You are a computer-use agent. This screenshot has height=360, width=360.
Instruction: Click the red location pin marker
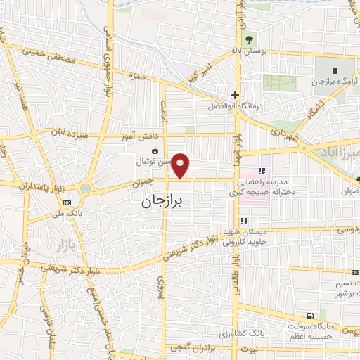coord(181,166)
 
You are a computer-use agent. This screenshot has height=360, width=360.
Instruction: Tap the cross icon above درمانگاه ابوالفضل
coord(236,96)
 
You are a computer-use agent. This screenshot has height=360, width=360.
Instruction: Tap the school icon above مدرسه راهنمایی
coord(262,171)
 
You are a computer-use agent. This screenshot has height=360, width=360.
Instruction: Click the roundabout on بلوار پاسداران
coord(86,188)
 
